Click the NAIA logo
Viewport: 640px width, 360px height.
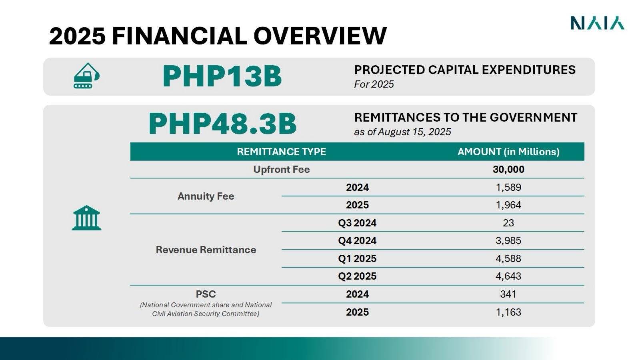pyautogui.click(x=598, y=23)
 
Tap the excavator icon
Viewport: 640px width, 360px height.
pyautogui.click(x=86, y=76)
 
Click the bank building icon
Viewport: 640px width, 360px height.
pyautogui.click(x=86, y=218)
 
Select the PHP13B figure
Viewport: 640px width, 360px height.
pyautogui.click(x=222, y=76)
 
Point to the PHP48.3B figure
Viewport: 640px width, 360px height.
pyautogui.click(x=222, y=124)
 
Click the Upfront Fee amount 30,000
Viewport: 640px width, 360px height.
pyautogui.click(x=508, y=170)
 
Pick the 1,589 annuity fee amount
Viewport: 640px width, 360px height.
pyautogui.click(x=508, y=188)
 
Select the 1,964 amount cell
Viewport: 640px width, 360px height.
pyautogui.click(x=508, y=205)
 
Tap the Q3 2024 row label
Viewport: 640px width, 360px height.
pyautogui.click(x=357, y=223)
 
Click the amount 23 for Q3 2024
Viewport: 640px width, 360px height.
pyautogui.click(x=508, y=223)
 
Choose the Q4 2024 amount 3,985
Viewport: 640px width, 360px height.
pyautogui.click(x=508, y=240)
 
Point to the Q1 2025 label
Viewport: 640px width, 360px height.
pyautogui.click(x=357, y=258)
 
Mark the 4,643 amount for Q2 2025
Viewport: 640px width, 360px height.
pyautogui.click(x=508, y=276)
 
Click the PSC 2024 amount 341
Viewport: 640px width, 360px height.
pyautogui.click(x=508, y=294)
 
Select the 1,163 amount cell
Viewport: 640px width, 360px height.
pyautogui.click(x=508, y=312)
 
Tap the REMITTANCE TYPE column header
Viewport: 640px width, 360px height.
pyautogui.click(x=282, y=152)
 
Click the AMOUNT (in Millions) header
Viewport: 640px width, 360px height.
pyautogui.click(x=508, y=152)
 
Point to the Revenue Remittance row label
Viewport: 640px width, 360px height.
pyautogui.click(x=206, y=250)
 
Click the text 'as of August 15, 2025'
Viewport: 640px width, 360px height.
pyautogui.click(x=402, y=132)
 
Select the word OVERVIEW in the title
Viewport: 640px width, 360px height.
pyautogui.click(x=320, y=36)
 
